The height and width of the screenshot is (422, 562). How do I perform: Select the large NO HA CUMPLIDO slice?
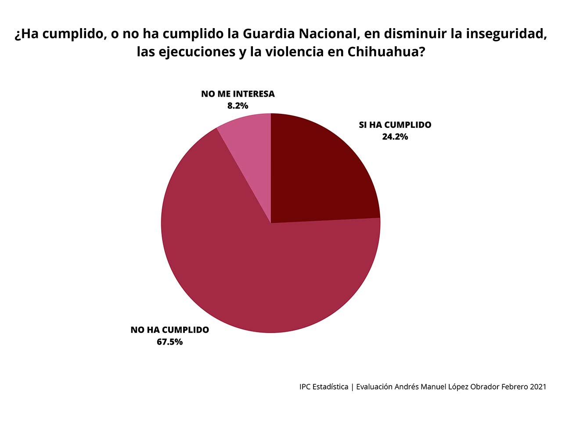click(x=255, y=273)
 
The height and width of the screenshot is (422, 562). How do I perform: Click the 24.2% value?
click(x=395, y=137)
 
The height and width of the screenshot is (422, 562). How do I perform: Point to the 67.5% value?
click(x=169, y=342)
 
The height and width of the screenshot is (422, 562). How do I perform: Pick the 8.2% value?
click(x=238, y=105)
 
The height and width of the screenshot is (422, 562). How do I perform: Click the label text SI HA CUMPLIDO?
click(x=395, y=125)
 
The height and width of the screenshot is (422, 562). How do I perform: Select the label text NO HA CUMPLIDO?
click(x=169, y=330)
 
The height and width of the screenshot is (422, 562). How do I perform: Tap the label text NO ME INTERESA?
click(x=238, y=94)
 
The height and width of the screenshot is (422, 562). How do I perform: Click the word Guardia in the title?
click(x=268, y=34)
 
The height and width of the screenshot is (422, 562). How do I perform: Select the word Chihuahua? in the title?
click(x=386, y=52)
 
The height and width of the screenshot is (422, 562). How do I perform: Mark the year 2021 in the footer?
click(x=538, y=387)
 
